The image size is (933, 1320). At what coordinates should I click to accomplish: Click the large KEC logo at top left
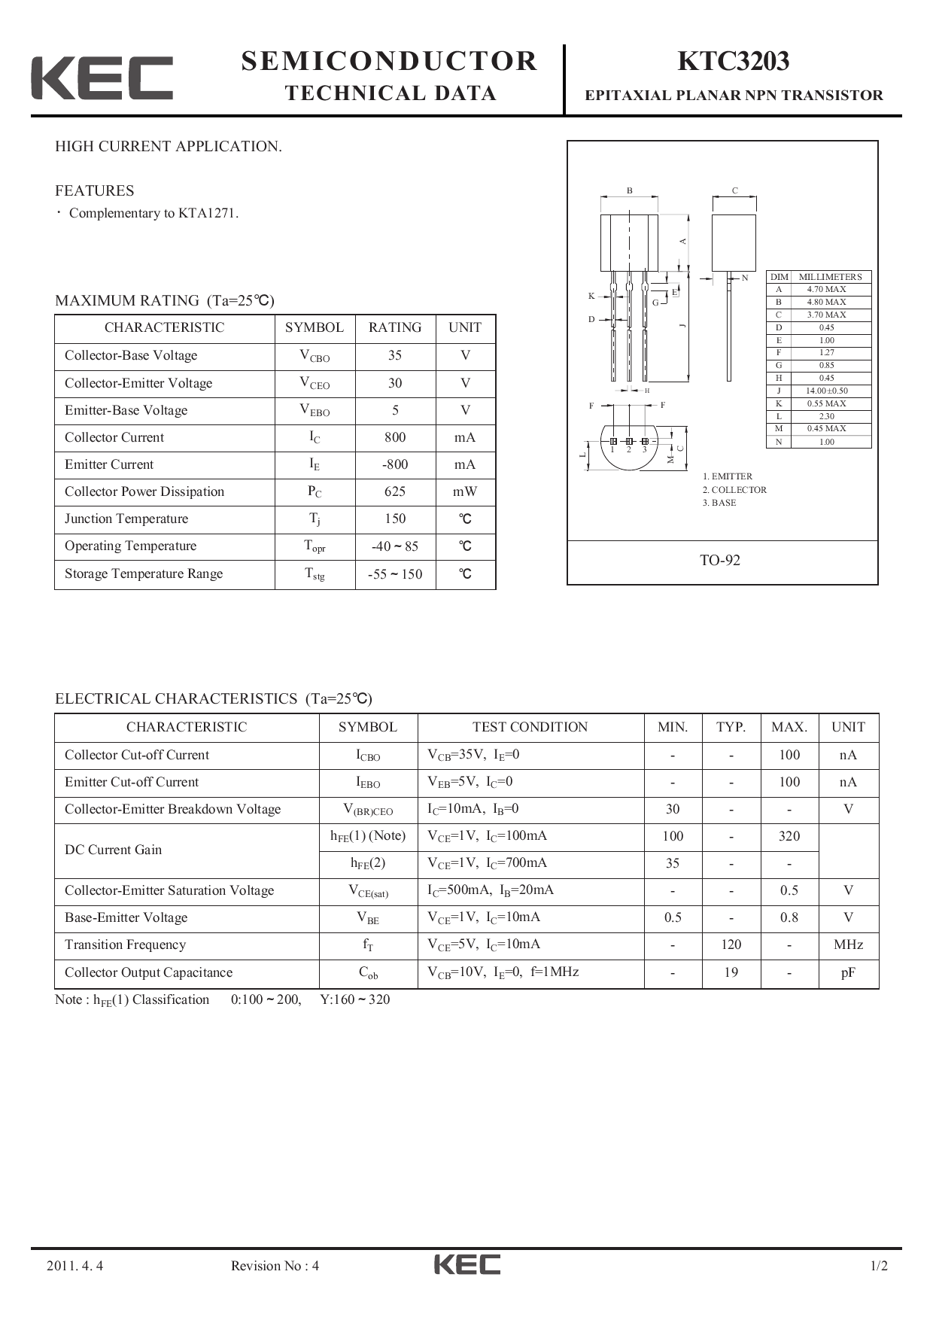pos(102,78)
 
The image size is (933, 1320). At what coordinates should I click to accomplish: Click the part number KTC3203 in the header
pos(733,62)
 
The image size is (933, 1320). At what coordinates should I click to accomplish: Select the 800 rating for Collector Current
pos(394,437)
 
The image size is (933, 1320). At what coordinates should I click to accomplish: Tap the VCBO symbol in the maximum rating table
pos(315,356)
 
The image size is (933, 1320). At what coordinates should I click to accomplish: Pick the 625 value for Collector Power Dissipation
pos(394,491)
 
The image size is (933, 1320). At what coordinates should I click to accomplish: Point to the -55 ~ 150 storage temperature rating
pos(394,574)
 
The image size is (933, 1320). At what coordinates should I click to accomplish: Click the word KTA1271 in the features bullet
pos(207,213)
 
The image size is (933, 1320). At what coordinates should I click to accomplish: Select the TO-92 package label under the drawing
pos(720,560)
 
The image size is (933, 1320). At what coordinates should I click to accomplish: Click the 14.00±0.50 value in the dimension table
pos(826,391)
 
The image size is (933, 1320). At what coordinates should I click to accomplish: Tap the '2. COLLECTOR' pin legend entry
pos(734,490)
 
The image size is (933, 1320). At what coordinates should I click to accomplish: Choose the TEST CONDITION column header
pos(530,727)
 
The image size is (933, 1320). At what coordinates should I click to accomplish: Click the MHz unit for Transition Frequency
pos(848,944)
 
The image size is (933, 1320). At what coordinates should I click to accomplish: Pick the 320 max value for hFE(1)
pos(789,836)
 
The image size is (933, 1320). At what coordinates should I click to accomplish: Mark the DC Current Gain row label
pos(113,850)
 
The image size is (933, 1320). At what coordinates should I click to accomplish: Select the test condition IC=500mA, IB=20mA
pos(491,890)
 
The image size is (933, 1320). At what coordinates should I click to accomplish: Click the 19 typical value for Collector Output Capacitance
pos(731,972)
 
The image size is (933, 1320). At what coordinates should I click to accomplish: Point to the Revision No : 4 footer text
pos(275,1266)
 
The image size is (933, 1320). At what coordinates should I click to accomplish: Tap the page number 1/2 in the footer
pos(878,1266)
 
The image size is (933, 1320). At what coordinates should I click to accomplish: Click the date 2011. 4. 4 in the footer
pos(74,1266)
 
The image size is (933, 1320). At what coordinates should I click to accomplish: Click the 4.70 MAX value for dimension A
pos(826,289)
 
